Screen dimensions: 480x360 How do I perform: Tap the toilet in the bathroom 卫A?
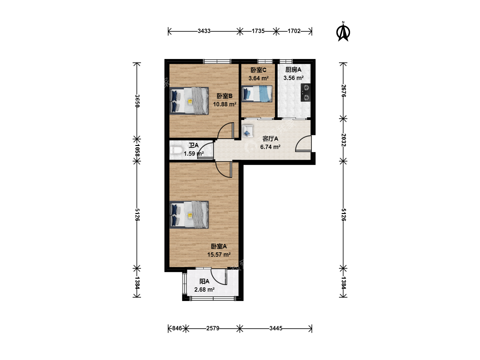pyautogui.click(x=176, y=150)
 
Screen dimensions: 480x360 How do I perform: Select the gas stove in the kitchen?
pyautogui.click(x=305, y=92)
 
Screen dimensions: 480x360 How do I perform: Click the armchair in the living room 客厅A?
pyautogui.click(x=247, y=131)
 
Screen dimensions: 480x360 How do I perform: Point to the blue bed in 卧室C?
pyautogui.click(x=257, y=94)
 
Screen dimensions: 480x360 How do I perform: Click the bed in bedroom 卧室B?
pyautogui.click(x=189, y=101)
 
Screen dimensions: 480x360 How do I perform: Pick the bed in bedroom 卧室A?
pyautogui.click(x=189, y=215)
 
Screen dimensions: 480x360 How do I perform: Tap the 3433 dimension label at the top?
pyautogui.click(x=204, y=31)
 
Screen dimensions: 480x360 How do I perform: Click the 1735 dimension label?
pyautogui.click(x=258, y=31)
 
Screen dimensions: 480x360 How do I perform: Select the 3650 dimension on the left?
pyautogui.click(x=137, y=101)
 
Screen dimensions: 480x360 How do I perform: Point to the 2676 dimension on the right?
pyautogui.click(x=343, y=91)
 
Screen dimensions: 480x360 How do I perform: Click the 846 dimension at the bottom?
pyautogui.click(x=177, y=328)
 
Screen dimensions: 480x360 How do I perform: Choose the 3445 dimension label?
pyautogui.click(x=276, y=328)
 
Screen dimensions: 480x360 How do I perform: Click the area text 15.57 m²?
pyautogui.click(x=219, y=254)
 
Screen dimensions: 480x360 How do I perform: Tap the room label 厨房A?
pyautogui.click(x=293, y=70)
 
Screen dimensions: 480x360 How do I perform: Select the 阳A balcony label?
pyautogui.click(x=204, y=281)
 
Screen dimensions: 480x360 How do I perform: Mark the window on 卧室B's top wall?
pyautogui.click(x=217, y=61)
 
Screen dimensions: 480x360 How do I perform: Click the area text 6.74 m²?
pyautogui.click(x=270, y=147)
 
